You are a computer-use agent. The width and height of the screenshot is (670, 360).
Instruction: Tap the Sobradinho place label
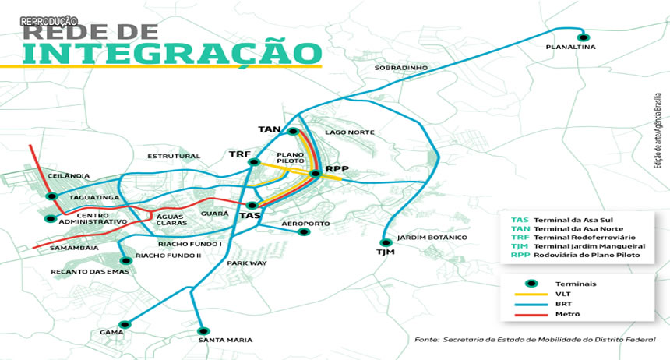pos(401,68)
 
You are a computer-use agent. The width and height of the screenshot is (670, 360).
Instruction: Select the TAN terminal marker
pos(294,131)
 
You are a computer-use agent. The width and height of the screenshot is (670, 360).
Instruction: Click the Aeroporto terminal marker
pos(304,231)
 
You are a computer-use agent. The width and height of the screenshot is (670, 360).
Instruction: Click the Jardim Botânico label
pos(432,237)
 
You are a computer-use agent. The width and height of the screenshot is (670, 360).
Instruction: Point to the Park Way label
pos(247,263)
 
